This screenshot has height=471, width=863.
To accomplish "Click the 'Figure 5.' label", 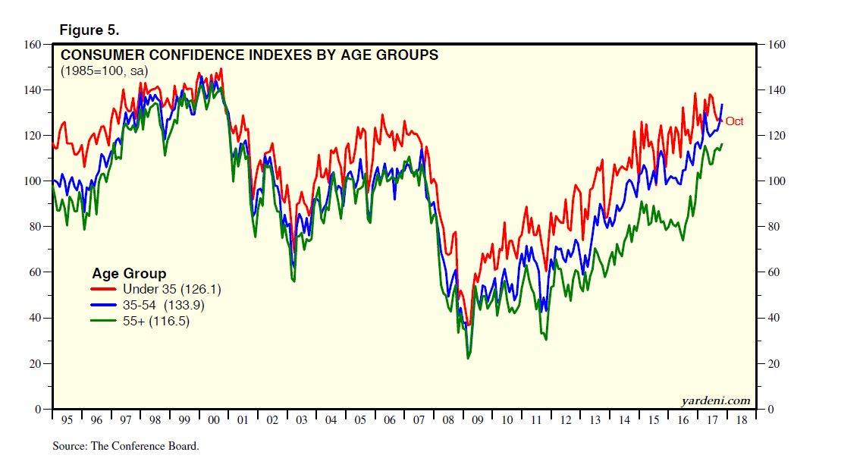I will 89,30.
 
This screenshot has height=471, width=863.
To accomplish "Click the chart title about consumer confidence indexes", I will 249,55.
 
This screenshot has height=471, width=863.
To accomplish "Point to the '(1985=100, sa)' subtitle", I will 104,71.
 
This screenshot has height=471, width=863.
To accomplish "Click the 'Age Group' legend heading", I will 129,273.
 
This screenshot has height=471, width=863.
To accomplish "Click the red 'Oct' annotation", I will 734,121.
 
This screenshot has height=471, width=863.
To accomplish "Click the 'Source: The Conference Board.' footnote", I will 125,446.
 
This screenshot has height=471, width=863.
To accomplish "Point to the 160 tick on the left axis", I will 32,45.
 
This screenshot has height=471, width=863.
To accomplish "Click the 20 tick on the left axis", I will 35,364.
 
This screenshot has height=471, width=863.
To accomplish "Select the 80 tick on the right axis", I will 775,227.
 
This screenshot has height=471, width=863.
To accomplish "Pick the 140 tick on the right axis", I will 778,90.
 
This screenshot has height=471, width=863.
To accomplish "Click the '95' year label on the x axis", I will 67,420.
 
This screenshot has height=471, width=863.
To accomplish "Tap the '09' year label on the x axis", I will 478,420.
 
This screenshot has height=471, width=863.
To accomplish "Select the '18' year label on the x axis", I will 741,420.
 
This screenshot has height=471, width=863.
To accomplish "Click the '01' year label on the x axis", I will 243,420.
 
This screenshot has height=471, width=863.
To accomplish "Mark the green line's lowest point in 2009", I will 468,357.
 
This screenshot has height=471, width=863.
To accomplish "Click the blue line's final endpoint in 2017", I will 722,105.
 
